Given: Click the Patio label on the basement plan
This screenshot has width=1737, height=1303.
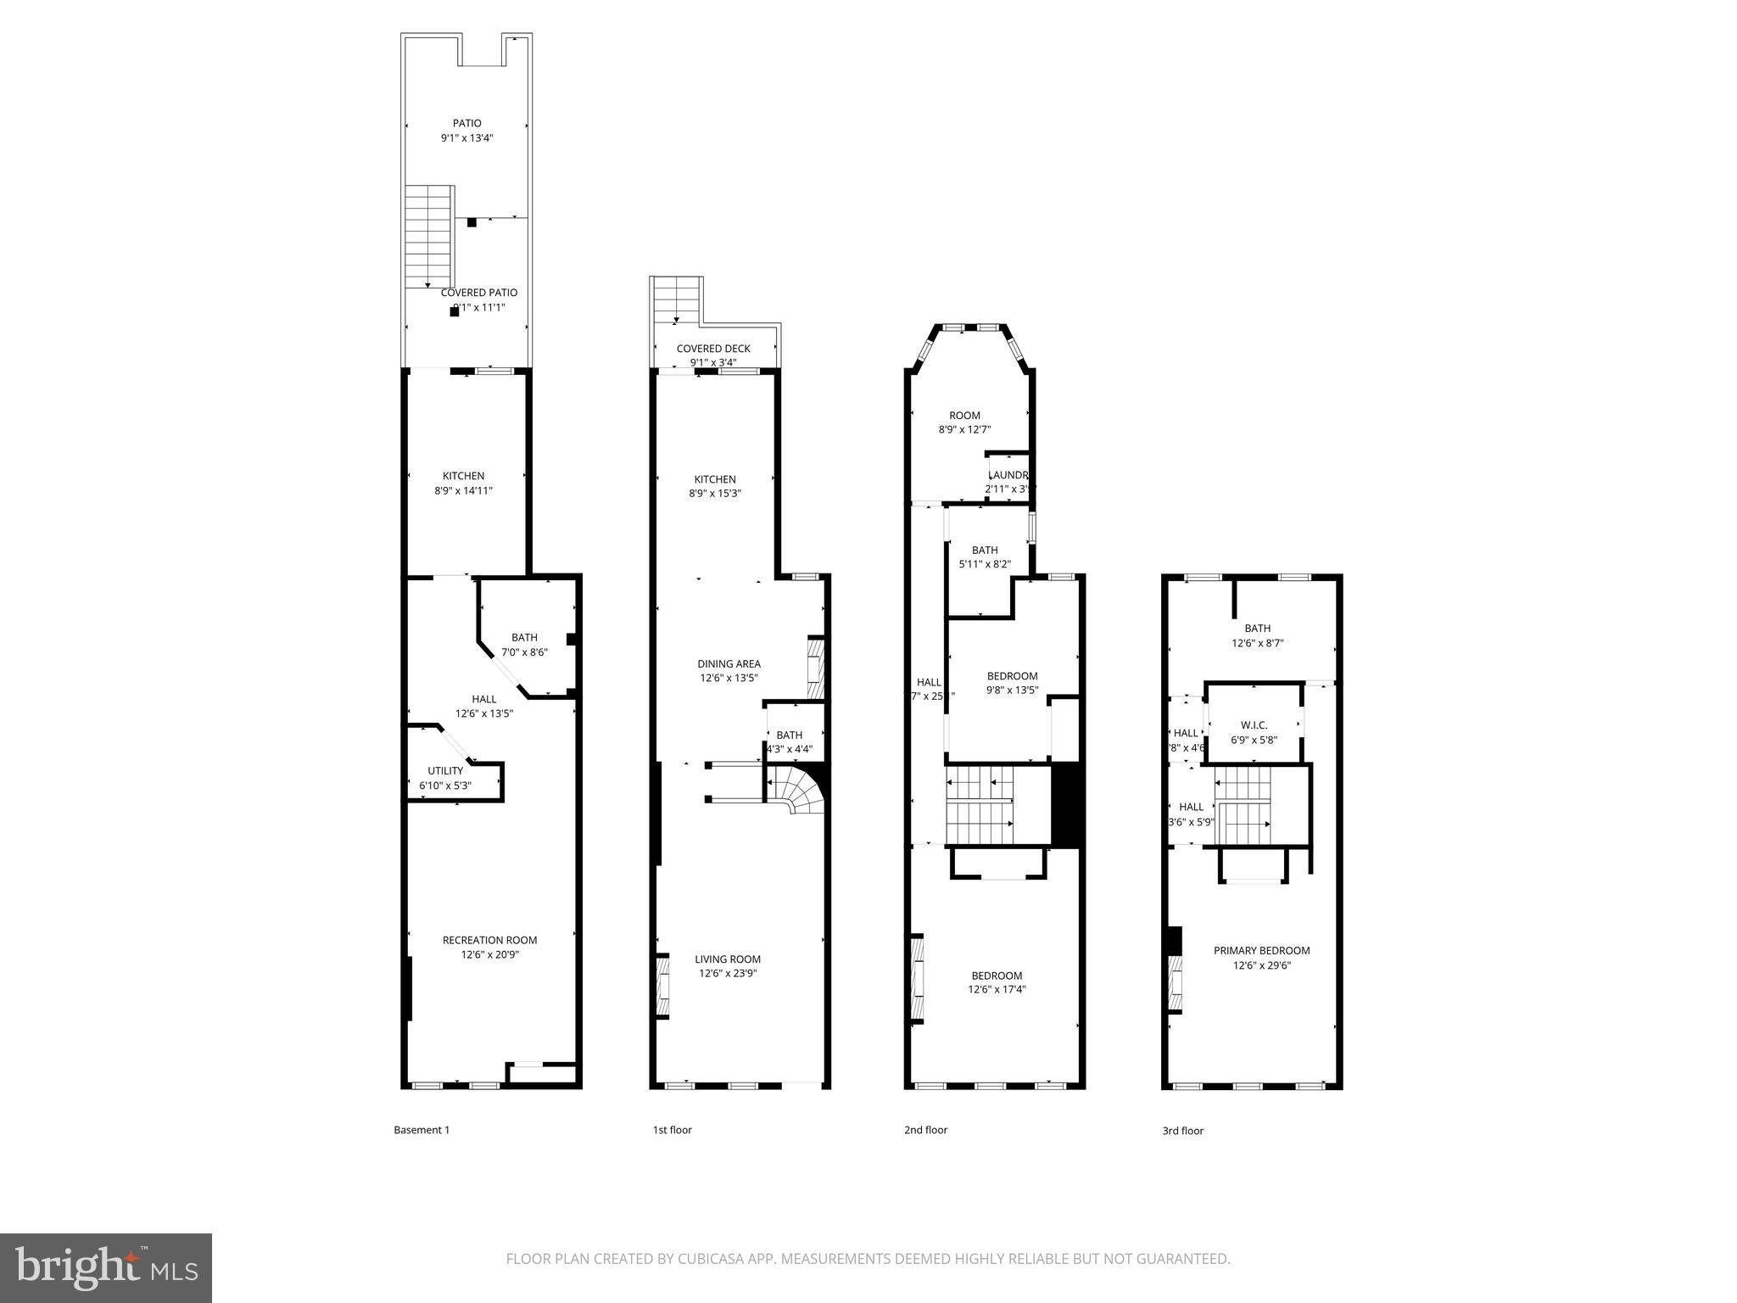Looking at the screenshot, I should (x=466, y=124).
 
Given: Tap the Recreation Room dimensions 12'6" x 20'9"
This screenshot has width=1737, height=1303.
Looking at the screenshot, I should (x=489, y=954).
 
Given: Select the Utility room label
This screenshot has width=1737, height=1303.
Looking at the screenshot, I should (x=445, y=771).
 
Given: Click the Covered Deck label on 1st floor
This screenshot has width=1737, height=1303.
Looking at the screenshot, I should (x=713, y=349).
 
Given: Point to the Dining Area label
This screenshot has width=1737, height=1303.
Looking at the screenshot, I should (x=729, y=664).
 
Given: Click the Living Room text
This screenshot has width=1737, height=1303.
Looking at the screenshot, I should (x=727, y=959).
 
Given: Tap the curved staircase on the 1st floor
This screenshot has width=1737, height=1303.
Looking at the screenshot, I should (x=796, y=788).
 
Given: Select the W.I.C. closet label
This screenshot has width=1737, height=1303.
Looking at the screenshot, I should (x=1254, y=725).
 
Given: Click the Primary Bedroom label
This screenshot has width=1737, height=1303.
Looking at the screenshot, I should (x=1261, y=951).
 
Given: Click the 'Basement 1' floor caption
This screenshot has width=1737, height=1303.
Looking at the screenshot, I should (x=422, y=1130).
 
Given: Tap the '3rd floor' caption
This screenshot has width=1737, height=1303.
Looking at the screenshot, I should (x=1182, y=1131).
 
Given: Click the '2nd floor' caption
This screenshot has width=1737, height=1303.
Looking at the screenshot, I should (x=925, y=1130).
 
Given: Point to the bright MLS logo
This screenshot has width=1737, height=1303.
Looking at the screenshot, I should (x=106, y=1267).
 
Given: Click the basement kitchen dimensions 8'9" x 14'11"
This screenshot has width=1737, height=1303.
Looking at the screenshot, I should (x=463, y=490).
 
